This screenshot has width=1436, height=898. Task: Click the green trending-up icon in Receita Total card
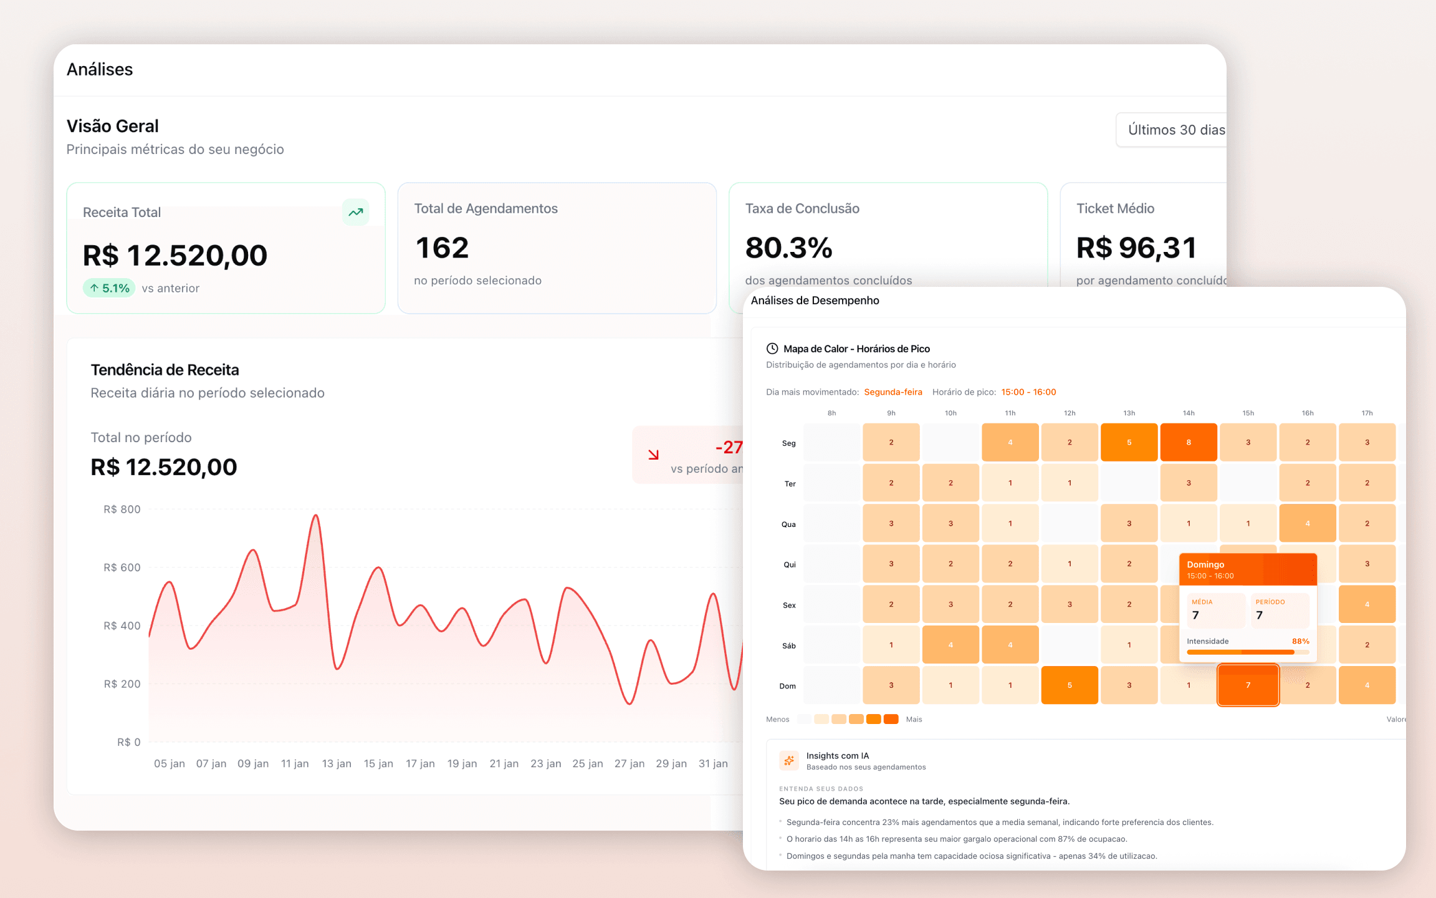tap(355, 212)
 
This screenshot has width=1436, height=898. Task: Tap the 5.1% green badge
tap(109, 288)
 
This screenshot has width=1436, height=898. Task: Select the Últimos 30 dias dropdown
tap(1172, 130)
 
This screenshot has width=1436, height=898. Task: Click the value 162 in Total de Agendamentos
tap(442, 248)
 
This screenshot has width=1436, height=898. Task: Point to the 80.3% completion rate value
tap(788, 248)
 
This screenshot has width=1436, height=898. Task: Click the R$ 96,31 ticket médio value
tap(1136, 248)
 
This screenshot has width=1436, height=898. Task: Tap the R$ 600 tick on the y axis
tap(122, 567)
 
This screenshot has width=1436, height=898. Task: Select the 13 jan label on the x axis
tap(337, 763)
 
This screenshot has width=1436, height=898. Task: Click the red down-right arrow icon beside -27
tap(653, 455)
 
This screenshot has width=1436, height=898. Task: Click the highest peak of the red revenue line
tap(316, 516)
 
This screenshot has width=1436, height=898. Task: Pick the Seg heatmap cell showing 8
tap(1188, 442)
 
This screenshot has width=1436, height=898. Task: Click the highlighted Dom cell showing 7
tap(1248, 685)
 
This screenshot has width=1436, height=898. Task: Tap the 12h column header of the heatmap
tap(1070, 413)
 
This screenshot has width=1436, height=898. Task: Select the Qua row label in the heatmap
tap(788, 524)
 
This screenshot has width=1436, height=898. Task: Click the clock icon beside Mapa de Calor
tap(772, 349)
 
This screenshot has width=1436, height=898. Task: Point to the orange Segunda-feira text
tap(893, 392)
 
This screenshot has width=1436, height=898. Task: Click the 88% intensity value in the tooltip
tap(1300, 641)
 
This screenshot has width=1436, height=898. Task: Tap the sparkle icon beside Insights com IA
tap(789, 760)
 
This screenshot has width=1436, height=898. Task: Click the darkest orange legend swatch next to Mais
tap(891, 719)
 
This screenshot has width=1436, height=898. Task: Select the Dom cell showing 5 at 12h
tap(1070, 685)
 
